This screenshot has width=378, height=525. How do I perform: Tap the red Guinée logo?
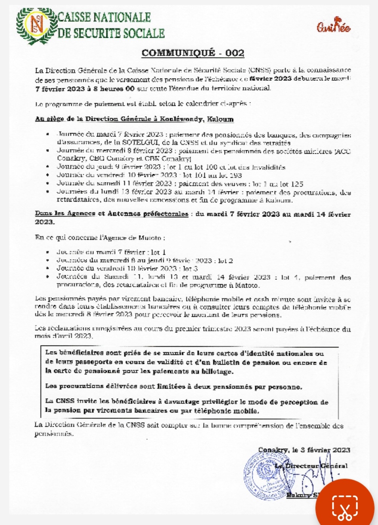[334, 25]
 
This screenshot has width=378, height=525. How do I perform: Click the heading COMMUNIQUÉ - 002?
[193, 53]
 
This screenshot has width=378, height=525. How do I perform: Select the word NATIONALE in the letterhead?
[122, 17]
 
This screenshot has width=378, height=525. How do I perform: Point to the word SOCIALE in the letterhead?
[144, 33]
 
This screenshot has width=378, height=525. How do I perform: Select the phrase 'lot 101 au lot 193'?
[212, 175]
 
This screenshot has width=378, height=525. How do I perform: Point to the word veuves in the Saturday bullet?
[234, 184]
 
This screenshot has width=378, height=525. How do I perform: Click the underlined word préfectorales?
[166, 214]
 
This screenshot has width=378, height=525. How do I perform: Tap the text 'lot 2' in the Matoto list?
[225, 261]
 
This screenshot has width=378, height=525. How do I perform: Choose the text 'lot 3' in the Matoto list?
[190, 268]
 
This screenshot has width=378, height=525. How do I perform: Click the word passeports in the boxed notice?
[93, 362]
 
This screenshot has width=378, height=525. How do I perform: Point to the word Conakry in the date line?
[273, 450]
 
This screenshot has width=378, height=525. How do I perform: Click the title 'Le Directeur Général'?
[311, 466]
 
